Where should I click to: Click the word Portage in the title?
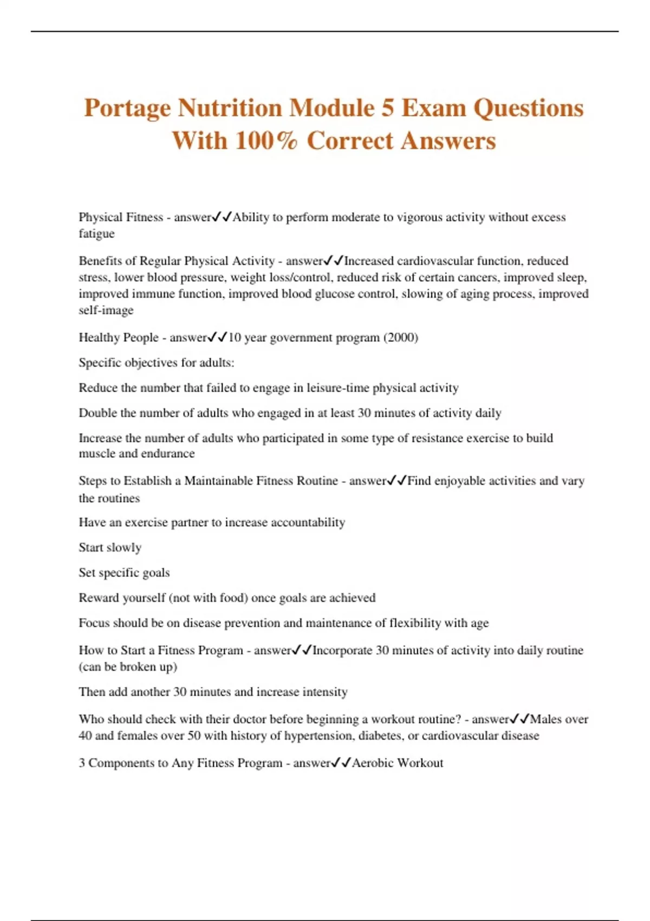[127, 109]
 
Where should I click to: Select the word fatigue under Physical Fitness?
[96, 234]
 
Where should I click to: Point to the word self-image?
[106, 310]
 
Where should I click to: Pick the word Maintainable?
[218, 481]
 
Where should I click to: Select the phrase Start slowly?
[110, 547]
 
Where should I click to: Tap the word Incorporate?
[342, 650]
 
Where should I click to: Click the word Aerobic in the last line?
[373, 763]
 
